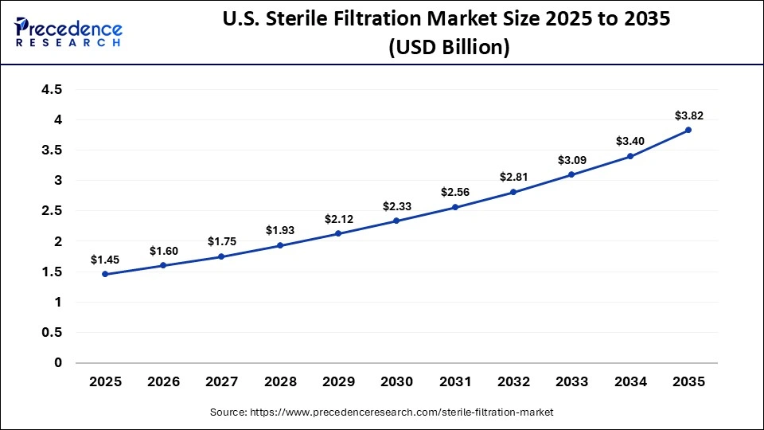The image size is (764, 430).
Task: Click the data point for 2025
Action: point(105,275)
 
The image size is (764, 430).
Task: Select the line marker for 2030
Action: point(396,221)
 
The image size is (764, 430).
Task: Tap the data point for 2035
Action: point(688,130)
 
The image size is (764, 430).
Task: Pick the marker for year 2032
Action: point(513,192)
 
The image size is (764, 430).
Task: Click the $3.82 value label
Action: point(688,115)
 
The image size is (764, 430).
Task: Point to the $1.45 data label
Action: point(105,260)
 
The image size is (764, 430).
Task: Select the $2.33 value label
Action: point(396,206)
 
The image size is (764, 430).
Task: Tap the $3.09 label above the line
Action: point(571,160)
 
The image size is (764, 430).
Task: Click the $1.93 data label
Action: point(280,231)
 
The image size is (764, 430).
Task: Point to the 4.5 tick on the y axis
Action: point(52,90)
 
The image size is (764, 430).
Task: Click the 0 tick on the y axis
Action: point(58,363)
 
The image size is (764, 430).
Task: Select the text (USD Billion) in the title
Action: point(449,48)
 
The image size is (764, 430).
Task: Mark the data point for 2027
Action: point(221,256)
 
